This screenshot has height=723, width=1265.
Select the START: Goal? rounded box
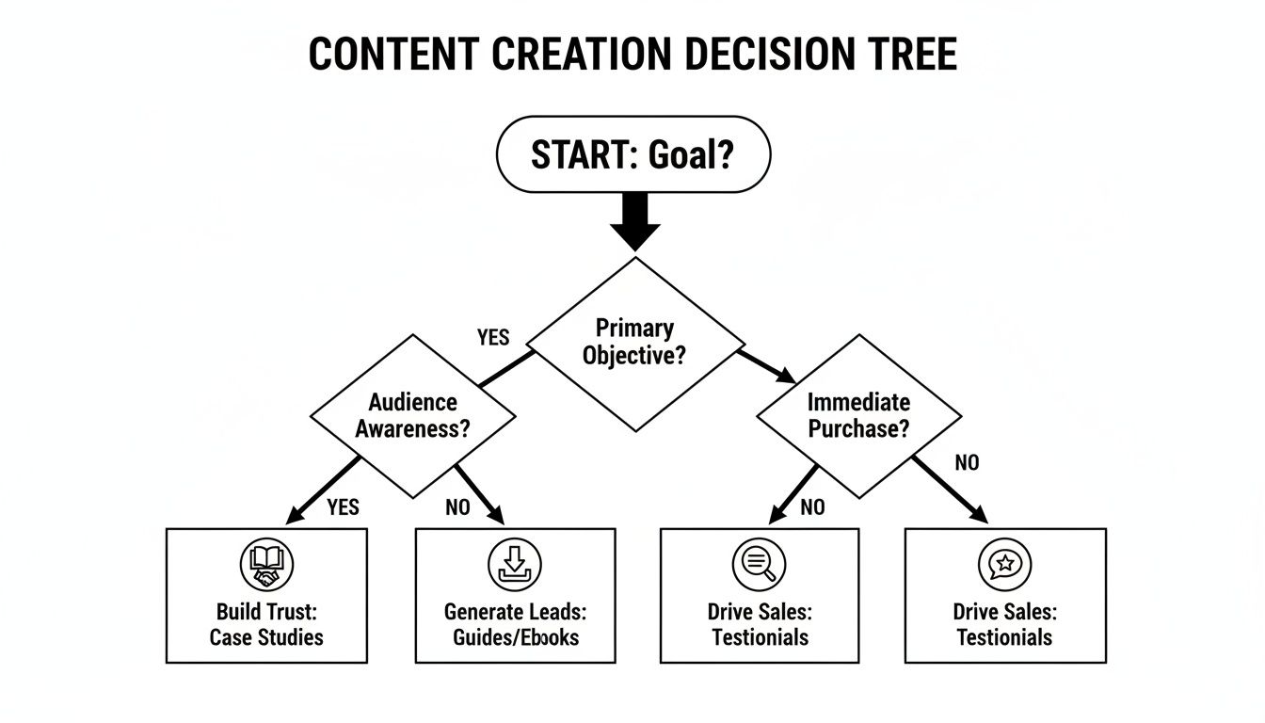pos(632,155)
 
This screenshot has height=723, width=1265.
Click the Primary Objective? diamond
pos(634,344)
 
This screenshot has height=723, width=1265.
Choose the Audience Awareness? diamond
pos(412,416)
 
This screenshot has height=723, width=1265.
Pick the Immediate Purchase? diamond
pos(858,416)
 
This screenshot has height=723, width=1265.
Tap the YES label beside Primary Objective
pos(492,338)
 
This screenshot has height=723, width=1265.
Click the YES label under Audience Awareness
pos(343,507)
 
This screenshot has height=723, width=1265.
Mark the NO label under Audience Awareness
pos(457,507)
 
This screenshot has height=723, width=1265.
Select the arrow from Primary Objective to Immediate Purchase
pos(768,366)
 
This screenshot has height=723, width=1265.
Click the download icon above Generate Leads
pos(515,565)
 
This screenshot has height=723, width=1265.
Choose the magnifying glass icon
pos(759,565)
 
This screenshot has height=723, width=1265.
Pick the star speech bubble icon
pos(1004,565)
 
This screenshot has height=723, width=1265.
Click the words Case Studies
pos(266,637)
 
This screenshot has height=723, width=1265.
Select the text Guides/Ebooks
pos(516,637)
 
